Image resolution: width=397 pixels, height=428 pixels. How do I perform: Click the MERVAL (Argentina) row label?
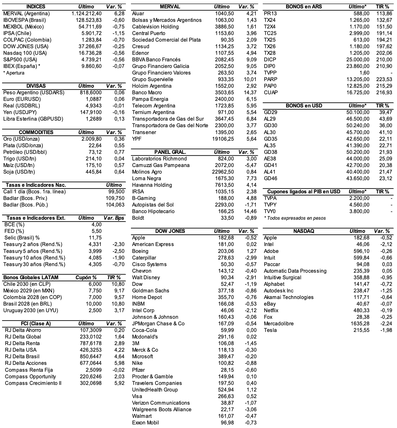pyautogui.click(x=26, y=13)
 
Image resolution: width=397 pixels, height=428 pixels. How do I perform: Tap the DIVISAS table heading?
pyautogui.click(x=36, y=86)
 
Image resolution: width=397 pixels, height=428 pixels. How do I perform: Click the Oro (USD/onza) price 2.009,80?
pyautogui.click(x=91, y=139)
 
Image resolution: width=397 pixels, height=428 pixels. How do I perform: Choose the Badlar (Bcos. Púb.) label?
pyautogui.click(x=25, y=205)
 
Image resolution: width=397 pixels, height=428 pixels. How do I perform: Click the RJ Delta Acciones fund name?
pyautogui.click(x=26, y=363)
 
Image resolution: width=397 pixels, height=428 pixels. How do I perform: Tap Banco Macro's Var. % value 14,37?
pyautogui.click(x=250, y=92)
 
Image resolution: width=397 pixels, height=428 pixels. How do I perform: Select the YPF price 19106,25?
pyautogui.click(x=223, y=139)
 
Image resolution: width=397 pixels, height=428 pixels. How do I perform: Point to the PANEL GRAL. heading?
pyautogui.click(x=170, y=152)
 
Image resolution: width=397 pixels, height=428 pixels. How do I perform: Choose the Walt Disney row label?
pyautogui.click(x=146, y=277)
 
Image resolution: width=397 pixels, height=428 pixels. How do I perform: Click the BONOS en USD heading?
pyautogui.click(x=304, y=106)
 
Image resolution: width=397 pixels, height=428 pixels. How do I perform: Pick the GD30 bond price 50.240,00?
pyautogui.click(x=358, y=125)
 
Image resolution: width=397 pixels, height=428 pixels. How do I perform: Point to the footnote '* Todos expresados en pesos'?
pyautogui.click(x=295, y=218)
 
